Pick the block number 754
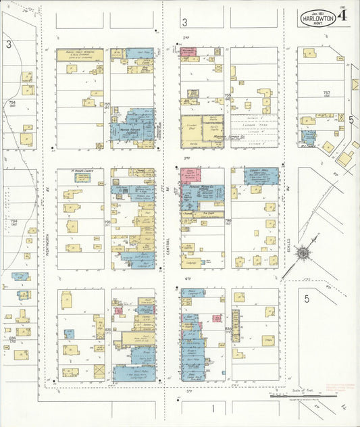(11, 103)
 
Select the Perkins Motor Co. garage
(202, 192)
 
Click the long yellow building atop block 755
(80, 55)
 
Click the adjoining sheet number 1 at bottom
(212, 408)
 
